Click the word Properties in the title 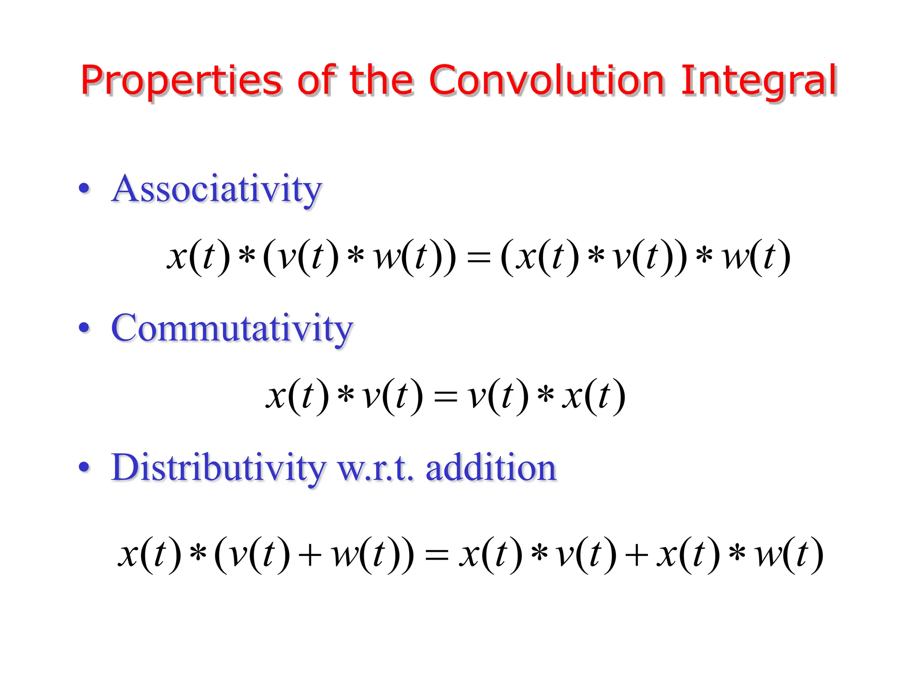click(181, 81)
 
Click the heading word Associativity click(217, 189)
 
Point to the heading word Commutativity click(232, 329)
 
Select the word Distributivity click(218, 468)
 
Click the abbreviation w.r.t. click(375, 469)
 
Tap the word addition click(491, 467)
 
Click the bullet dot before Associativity click(84, 189)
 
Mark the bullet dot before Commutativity click(84, 328)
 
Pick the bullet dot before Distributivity click(84, 467)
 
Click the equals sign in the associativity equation click(478, 257)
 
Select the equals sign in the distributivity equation click(436, 555)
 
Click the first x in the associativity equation click(177, 257)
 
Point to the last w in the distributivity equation click(769, 555)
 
